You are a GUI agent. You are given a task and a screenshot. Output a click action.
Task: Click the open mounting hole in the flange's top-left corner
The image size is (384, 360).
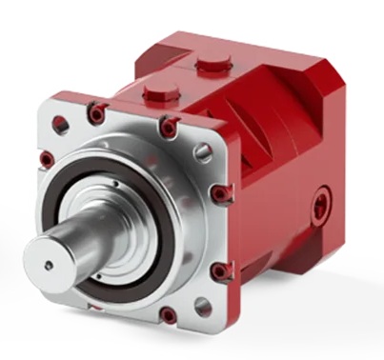coord(63,122)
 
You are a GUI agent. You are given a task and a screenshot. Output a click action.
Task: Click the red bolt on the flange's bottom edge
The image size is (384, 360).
coord(168,314)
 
